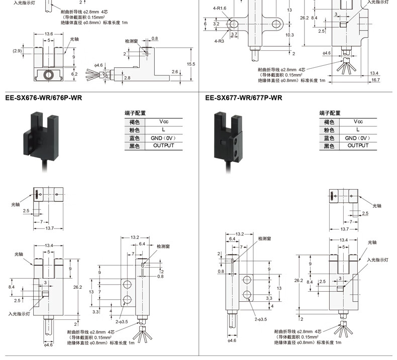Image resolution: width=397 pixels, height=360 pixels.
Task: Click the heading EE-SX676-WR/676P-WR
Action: coord(43,98)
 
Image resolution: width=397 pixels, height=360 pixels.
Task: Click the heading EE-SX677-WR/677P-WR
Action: coord(244,98)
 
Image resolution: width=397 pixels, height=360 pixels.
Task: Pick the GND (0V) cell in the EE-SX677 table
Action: coord(357,138)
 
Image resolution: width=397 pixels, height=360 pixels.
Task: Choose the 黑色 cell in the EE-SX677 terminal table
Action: coord(330,146)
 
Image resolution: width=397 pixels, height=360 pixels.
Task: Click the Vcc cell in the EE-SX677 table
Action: coord(357,122)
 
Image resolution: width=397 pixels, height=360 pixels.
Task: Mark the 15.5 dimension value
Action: coord(191,64)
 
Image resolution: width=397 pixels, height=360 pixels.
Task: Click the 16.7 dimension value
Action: coord(375,80)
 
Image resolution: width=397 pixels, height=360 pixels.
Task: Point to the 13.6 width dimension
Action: coord(49,34)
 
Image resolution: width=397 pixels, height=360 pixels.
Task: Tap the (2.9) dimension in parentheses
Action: coord(17,51)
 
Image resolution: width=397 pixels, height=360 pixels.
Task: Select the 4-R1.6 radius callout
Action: coord(220,9)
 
